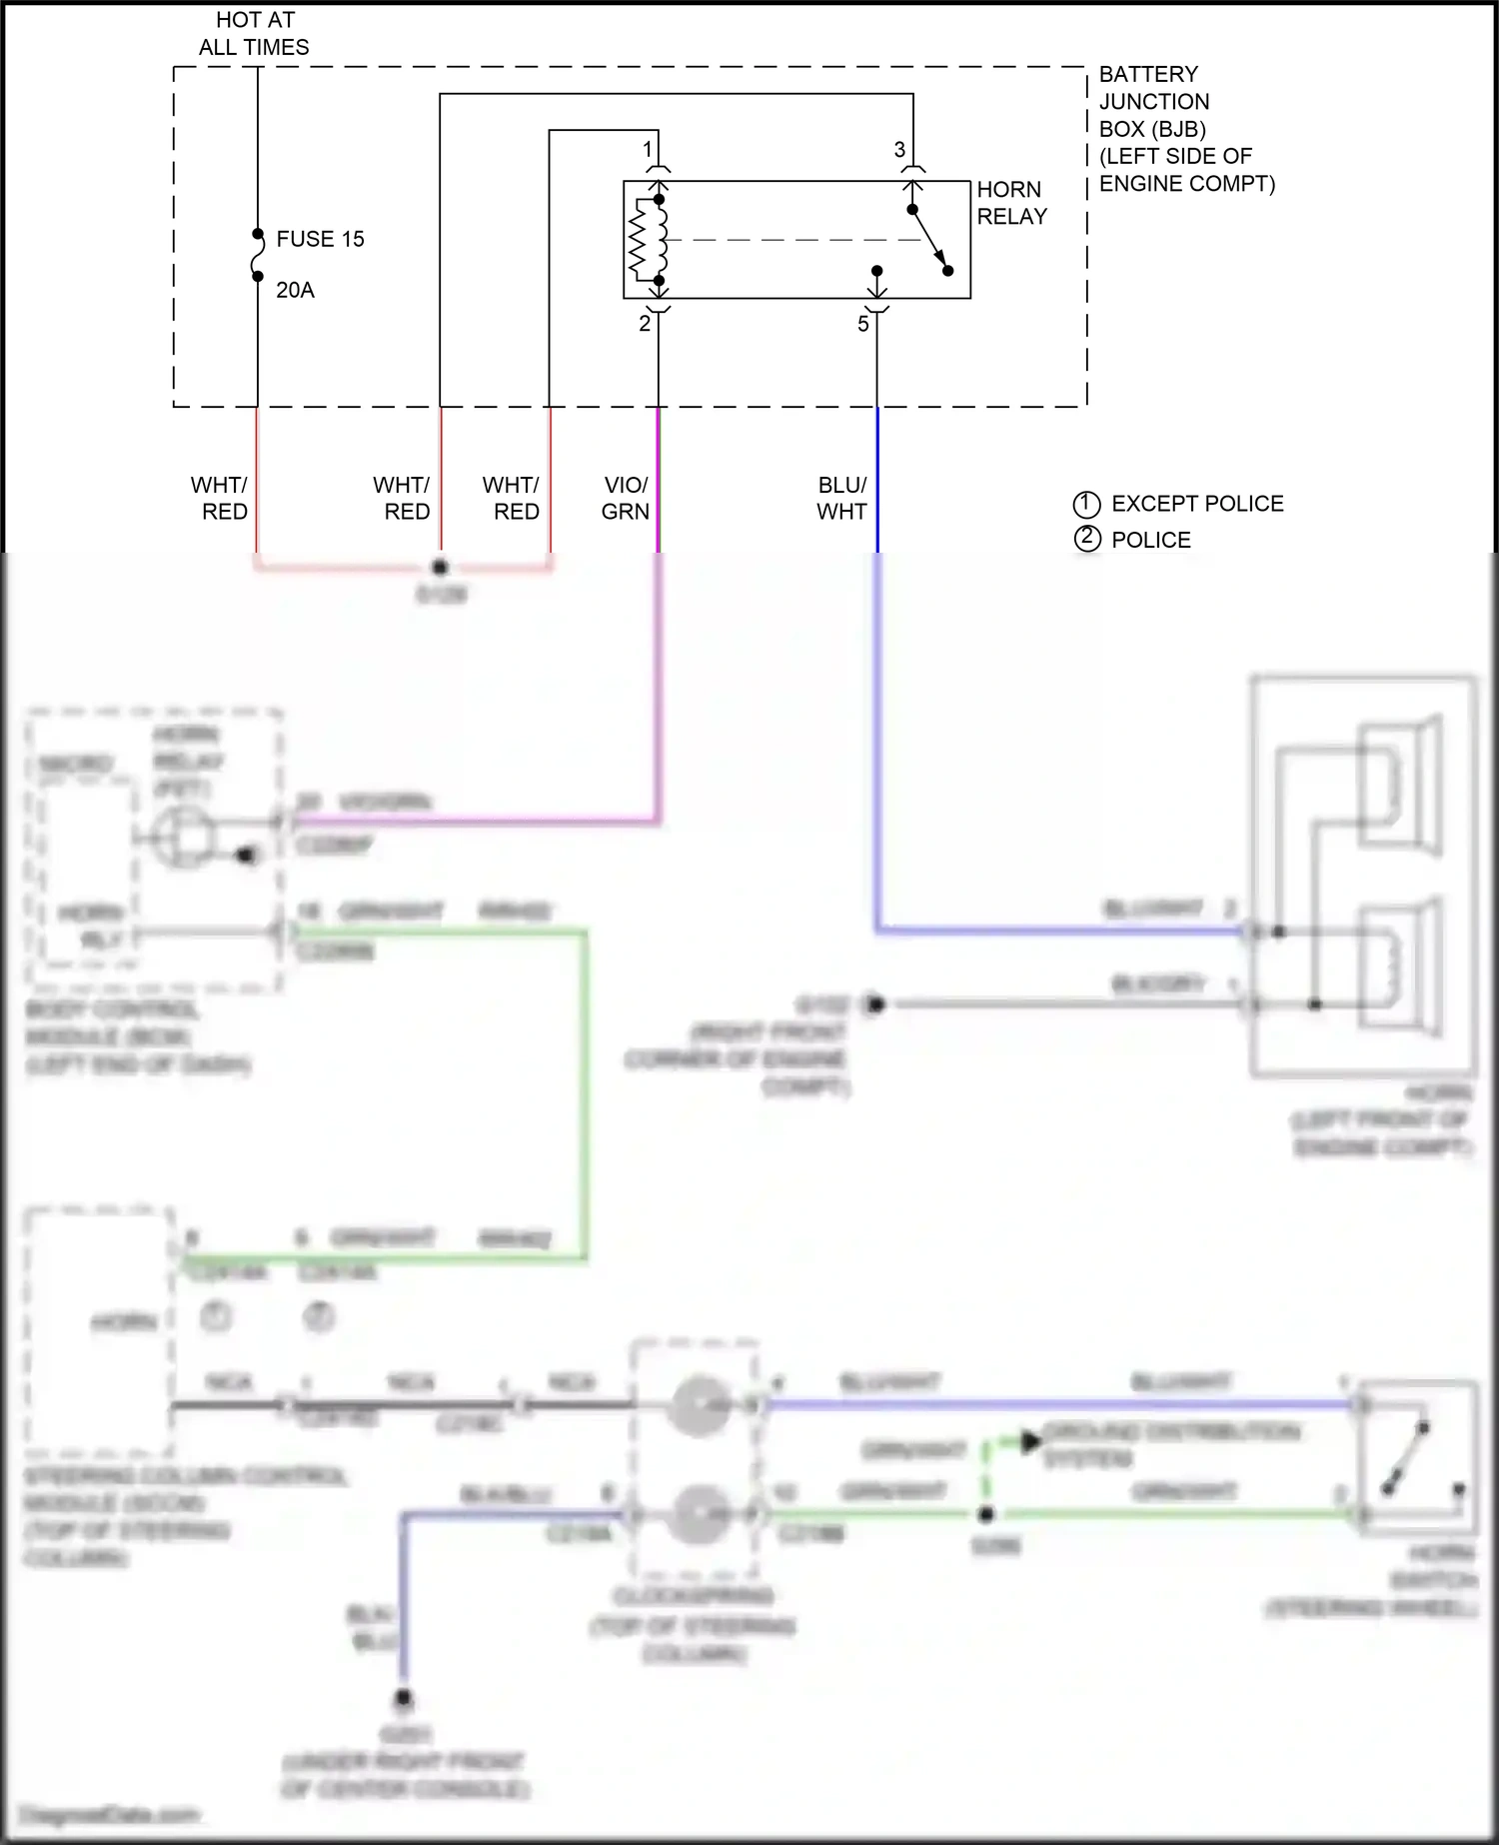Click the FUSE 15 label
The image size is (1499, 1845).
(x=320, y=239)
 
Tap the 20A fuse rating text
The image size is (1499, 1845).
(x=295, y=290)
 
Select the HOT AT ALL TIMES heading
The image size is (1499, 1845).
(x=254, y=33)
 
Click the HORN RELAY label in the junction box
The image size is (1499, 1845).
(x=1011, y=203)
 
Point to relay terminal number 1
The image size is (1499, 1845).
(x=648, y=150)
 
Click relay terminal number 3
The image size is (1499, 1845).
(x=899, y=150)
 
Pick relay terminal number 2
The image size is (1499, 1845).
(x=645, y=323)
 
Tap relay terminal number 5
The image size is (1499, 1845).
(x=863, y=323)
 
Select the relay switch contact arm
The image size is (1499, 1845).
(x=929, y=240)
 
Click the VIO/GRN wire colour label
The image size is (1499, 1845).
(x=626, y=498)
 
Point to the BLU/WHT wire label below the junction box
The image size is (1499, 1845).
(x=841, y=498)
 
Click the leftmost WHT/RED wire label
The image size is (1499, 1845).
(x=220, y=498)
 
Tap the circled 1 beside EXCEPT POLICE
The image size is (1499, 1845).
(x=1086, y=504)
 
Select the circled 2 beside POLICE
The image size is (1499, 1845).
(x=1086, y=539)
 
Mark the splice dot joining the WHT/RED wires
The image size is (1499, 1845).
(x=440, y=567)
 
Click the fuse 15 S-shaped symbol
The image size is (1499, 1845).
(x=258, y=255)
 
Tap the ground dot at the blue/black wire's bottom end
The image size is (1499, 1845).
(x=404, y=1697)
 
